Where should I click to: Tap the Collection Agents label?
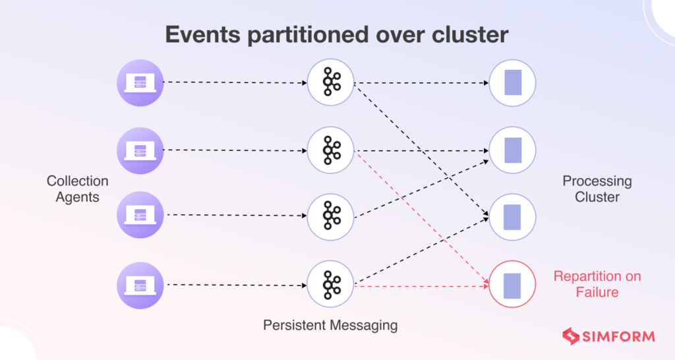tap(77, 189)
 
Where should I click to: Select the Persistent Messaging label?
tap(330, 325)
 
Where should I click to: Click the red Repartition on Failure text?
tap(597, 284)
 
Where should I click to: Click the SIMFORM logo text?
tap(618, 337)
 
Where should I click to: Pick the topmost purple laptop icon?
tap(140, 82)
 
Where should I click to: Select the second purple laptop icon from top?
tap(140, 150)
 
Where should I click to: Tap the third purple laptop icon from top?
tap(140, 215)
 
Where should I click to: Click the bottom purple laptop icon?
tap(140, 285)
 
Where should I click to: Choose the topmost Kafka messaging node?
tap(331, 82)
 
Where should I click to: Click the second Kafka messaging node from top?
tap(331, 150)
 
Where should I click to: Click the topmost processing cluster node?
tap(512, 83)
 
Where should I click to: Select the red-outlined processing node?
tap(512, 285)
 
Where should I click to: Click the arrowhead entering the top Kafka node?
tap(305, 82)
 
